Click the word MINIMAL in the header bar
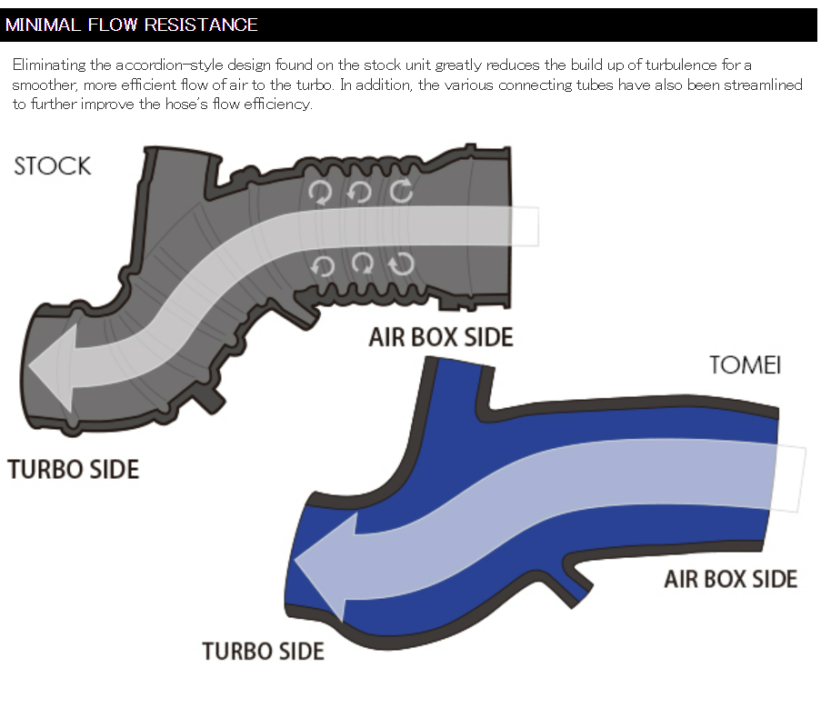(42, 25)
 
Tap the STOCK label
(53, 166)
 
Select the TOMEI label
(745, 366)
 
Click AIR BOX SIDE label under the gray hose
(441, 337)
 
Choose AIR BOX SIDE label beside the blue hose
(730, 579)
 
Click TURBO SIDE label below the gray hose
(74, 470)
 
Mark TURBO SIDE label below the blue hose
(263, 652)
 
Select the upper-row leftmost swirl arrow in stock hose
(321, 192)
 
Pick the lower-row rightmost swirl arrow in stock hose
(401, 264)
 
